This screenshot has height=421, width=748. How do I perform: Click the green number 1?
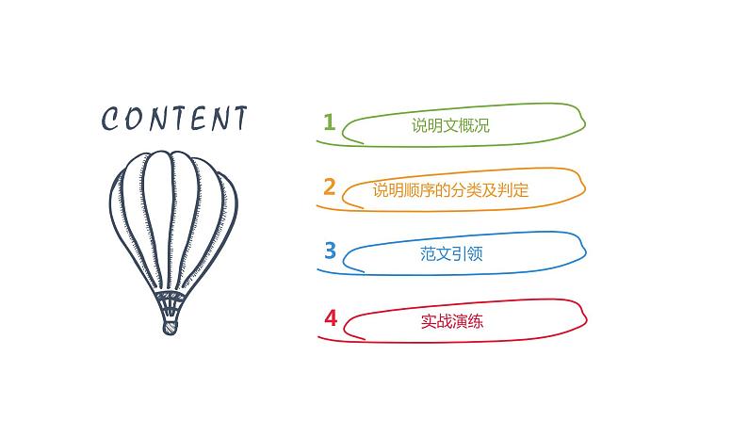point(329,121)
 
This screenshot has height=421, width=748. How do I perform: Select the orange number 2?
point(329,186)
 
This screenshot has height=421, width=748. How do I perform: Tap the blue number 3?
point(329,250)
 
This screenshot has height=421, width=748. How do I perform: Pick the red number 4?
point(330,317)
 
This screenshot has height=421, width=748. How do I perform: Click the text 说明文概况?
point(450,126)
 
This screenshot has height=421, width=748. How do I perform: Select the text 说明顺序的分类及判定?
point(450,190)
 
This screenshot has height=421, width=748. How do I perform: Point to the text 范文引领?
point(450,254)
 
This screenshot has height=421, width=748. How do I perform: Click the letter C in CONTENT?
point(110,120)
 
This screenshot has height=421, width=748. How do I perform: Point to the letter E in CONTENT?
point(194,120)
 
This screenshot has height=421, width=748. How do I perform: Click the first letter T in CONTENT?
point(175,120)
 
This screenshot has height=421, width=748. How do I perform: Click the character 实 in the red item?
point(428,321)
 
